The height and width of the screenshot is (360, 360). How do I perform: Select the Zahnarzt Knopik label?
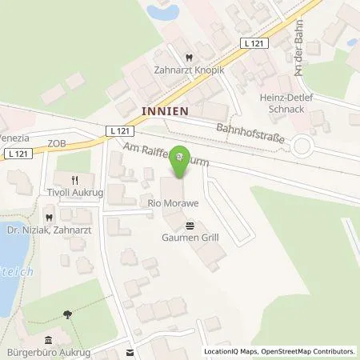click(x=187, y=70)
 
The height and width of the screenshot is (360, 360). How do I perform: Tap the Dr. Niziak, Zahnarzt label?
click(x=48, y=232)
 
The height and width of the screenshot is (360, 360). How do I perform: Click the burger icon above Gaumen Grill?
click(x=190, y=226)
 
